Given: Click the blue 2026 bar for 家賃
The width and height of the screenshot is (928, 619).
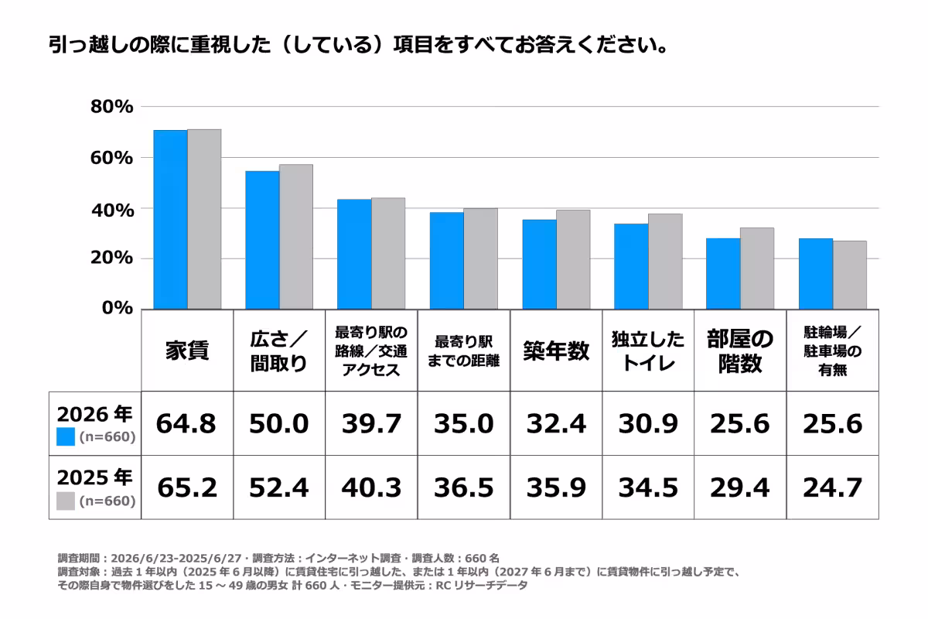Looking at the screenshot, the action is (x=170, y=220).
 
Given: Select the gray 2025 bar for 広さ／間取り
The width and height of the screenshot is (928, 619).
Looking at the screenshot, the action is (x=296, y=237).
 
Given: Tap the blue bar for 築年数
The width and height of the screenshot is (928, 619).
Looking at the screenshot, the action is (x=540, y=265).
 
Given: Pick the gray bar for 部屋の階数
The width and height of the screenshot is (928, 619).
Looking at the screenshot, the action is (x=757, y=268).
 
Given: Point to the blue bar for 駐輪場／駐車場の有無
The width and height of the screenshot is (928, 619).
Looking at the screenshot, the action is (x=816, y=274).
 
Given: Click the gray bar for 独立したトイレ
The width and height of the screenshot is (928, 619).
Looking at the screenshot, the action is (x=665, y=262).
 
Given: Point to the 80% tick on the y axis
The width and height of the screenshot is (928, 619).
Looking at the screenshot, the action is (x=112, y=107).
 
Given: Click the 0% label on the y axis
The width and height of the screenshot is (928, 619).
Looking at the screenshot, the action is (x=118, y=308).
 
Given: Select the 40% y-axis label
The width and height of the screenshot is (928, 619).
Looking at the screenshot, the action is (x=113, y=210).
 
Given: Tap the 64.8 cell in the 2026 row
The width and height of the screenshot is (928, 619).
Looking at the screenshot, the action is (x=186, y=424).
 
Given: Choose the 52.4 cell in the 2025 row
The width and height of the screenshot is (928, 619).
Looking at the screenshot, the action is (x=279, y=487).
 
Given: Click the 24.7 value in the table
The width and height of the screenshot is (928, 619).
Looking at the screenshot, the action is (x=833, y=487).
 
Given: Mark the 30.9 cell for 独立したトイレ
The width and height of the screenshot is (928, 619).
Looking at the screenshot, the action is (x=648, y=424).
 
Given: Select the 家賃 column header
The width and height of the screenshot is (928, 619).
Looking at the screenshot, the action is (x=187, y=351).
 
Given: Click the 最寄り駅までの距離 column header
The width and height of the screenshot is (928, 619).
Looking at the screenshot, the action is (x=463, y=351).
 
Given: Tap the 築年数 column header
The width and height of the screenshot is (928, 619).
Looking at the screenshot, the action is (x=556, y=351).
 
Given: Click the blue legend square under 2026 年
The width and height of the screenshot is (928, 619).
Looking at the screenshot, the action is (x=66, y=436).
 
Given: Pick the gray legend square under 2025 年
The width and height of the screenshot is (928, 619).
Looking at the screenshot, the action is (x=66, y=501).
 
